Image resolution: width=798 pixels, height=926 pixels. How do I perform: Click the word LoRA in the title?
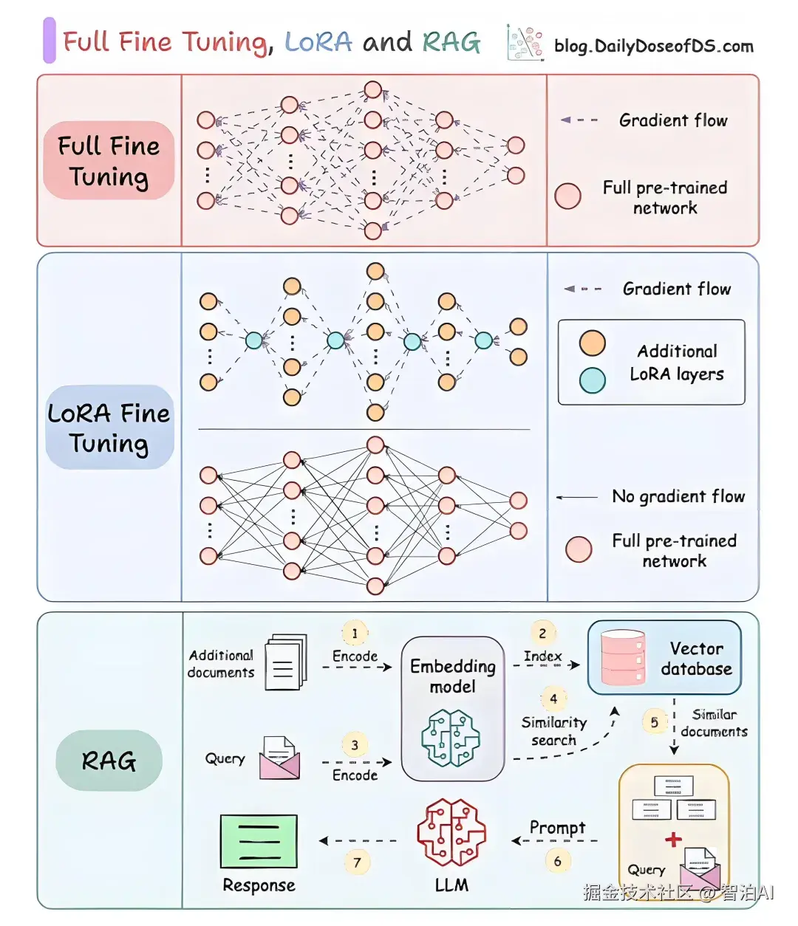[318, 43]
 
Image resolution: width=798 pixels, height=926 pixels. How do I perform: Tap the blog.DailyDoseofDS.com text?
[653, 46]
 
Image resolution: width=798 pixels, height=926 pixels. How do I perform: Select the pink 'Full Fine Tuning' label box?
[109, 160]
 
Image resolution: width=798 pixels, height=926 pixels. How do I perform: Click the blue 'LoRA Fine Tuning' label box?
[109, 427]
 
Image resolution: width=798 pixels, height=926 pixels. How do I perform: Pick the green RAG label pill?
[109, 761]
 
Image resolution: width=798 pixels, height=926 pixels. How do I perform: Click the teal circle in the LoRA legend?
[592, 380]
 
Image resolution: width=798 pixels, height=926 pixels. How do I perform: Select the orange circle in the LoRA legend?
[592, 343]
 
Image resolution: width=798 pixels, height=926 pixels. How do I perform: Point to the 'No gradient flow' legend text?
[678, 496]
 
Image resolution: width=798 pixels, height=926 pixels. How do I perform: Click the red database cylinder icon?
[623, 658]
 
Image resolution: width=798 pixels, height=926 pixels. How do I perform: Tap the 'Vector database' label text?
[696, 659]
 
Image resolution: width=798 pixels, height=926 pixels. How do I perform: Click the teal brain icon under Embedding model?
[451, 738]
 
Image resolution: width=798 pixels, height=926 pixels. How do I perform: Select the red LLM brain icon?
[451, 832]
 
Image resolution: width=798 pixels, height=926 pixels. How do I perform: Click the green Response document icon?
[259, 841]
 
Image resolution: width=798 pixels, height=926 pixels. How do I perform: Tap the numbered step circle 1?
[355, 634]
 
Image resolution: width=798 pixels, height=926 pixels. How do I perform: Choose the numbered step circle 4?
[553, 699]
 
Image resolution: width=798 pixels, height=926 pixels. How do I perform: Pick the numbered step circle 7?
[358, 862]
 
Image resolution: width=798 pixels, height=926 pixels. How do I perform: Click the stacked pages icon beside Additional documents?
[286, 662]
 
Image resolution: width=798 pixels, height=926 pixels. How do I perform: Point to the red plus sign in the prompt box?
[673, 840]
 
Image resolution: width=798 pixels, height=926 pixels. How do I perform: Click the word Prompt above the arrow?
[557, 828]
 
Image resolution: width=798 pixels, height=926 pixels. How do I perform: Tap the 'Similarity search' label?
[553, 731]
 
